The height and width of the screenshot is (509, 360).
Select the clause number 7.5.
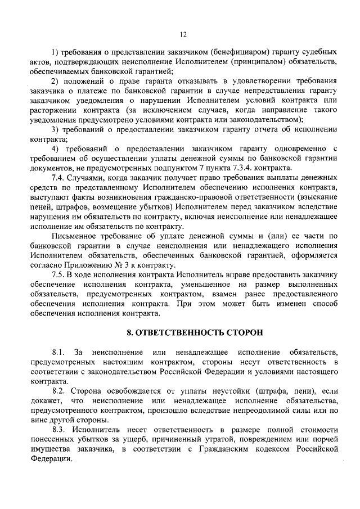point(58,274)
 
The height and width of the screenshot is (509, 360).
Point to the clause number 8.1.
point(58,352)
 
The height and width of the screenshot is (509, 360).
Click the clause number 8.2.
point(58,391)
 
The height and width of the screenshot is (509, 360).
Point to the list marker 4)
point(55,148)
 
